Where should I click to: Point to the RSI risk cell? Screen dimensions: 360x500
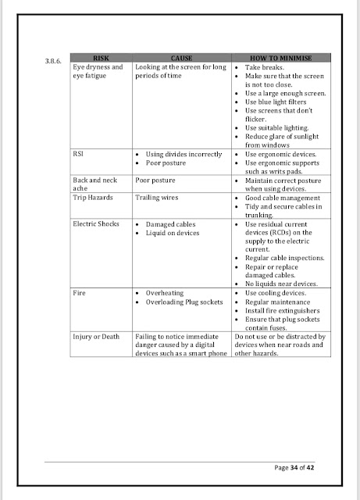[78, 155]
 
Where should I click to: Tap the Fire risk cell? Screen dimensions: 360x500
[80, 293]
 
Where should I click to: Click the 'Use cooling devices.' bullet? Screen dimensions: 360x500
[277, 293]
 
